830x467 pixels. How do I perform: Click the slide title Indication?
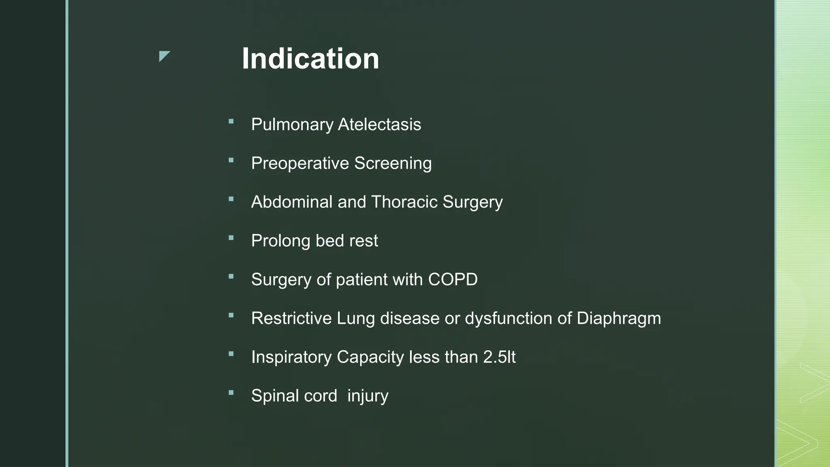(x=310, y=59)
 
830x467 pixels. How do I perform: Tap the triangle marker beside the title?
(x=164, y=56)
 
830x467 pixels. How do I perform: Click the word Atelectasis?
(x=379, y=124)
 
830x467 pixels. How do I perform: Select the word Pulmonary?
(x=292, y=124)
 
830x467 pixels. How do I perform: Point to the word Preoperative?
(x=300, y=163)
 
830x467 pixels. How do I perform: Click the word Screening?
(x=393, y=163)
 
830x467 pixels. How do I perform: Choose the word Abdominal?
(x=291, y=202)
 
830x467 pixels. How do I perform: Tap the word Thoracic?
(x=404, y=202)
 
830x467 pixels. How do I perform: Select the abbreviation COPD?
(x=453, y=279)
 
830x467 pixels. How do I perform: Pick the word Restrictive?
(x=291, y=318)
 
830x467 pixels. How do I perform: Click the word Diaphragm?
(x=618, y=318)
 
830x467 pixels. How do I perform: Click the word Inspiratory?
(x=291, y=357)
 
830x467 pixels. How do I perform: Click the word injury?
(x=368, y=396)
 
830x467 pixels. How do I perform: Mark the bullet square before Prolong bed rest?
(x=231, y=238)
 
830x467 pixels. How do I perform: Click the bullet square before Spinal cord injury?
(x=231, y=393)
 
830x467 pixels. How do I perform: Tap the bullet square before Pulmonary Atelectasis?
(x=231, y=121)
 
